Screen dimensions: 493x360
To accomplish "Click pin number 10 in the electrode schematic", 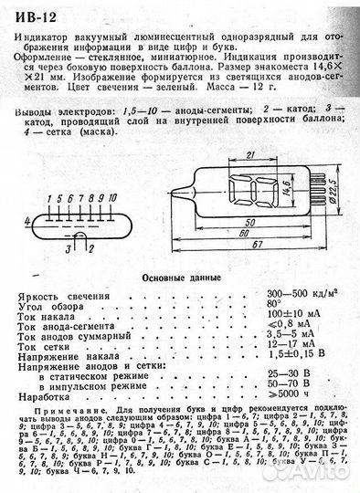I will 112,197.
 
